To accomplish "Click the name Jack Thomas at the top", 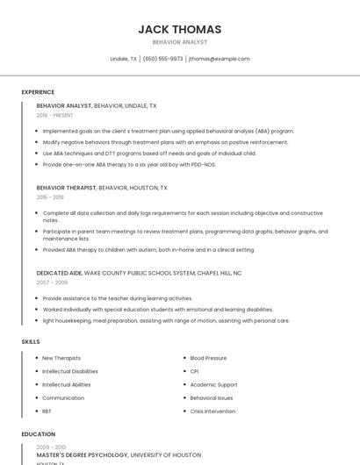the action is tap(179, 29).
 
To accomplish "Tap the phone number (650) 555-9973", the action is tap(162, 59).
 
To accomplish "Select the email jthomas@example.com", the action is tap(219, 59).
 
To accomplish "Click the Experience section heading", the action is tap(38, 92).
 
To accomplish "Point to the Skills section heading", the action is tap(31, 340).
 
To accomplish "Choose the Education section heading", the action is tap(38, 433).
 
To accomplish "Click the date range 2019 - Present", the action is tap(54, 115).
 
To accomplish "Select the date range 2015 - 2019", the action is tap(50, 197).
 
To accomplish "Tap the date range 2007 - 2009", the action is tap(52, 283).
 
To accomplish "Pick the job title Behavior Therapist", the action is tap(66, 188).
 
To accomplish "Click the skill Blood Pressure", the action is tap(208, 358).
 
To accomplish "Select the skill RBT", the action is tap(47, 411).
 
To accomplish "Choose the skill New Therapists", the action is tap(61, 358).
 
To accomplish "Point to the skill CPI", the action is tap(194, 371).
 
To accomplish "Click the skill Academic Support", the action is tap(213, 384).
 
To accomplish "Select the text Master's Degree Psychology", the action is tap(82, 455).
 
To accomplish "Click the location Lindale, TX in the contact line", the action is tap(123, 59).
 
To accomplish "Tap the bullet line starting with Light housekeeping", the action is tap(166, 320).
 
